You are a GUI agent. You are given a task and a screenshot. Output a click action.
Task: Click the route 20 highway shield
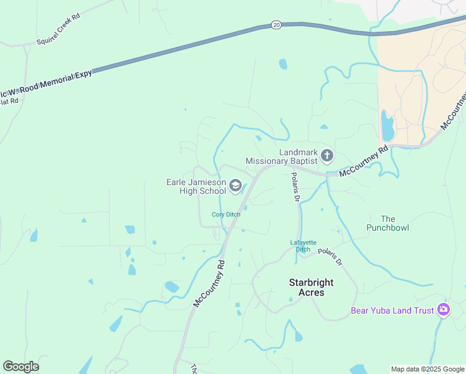(277, 25)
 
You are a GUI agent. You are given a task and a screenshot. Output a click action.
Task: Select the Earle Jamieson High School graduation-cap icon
(235, 185)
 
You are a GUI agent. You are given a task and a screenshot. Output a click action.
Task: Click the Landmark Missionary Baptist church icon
(327, 155)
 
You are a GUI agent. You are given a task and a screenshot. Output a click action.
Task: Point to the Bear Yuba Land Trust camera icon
(443, 310)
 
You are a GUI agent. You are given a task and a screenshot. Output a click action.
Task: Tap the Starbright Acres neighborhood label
(311, 287)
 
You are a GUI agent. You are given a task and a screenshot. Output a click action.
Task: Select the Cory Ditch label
(226, 214)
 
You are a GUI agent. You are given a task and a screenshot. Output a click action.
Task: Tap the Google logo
(21, 367)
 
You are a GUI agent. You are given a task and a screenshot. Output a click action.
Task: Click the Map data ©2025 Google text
(427, 369)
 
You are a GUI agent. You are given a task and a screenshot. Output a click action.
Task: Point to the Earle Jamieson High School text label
(196, 186)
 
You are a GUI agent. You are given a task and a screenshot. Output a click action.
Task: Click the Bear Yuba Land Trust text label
(392, 310)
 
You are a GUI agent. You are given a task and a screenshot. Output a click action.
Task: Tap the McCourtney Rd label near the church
(364, 161)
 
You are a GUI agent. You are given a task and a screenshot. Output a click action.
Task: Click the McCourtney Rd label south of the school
(209, 283)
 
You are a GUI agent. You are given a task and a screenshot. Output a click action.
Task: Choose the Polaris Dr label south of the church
(296, 188)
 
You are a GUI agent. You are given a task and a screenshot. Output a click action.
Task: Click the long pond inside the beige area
(388, 127)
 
